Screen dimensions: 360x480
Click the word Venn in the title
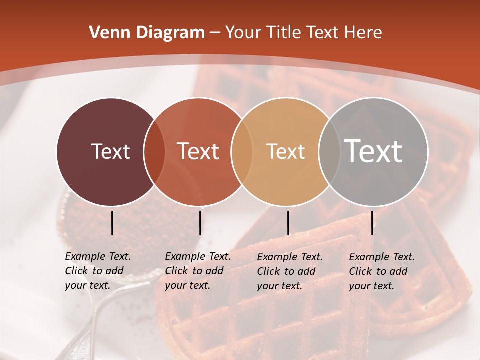(x=108, y=33)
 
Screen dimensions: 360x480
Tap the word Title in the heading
(x=284, y=33)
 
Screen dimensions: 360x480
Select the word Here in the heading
(x=363, y=33)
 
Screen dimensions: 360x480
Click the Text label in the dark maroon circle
(x=110, y=151)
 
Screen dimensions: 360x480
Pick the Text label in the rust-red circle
(x=198, y=151)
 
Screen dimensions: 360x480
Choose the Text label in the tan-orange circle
(x=285, y=151)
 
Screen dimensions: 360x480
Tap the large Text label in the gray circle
(x=373, y=151)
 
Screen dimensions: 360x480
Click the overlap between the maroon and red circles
(x=154, y=152)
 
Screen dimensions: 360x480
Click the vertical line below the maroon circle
(x=112, y=223)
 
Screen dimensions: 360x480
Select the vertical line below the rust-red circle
(x=200, y=223)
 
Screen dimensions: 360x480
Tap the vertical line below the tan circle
(x=288, y=223)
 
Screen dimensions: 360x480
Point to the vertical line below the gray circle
(x=372, y=223)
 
